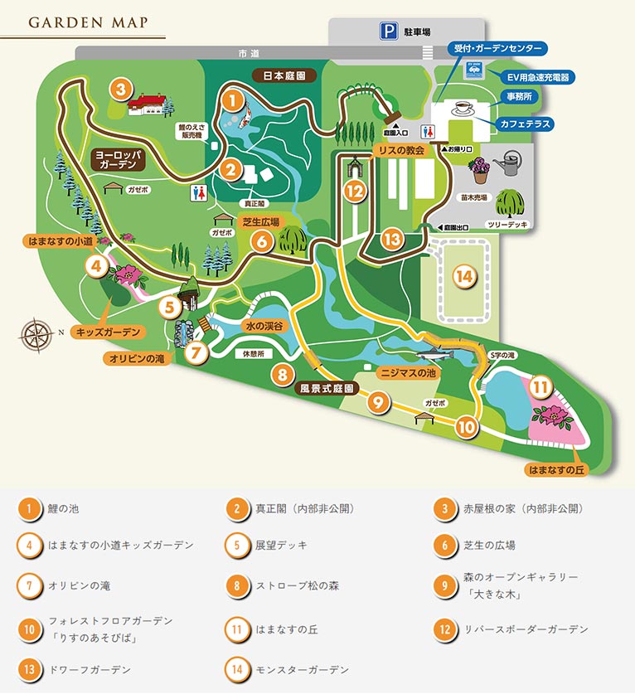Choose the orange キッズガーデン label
coord(109,332)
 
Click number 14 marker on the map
coord(465,275)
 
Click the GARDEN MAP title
coord(88,22)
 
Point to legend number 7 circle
coord(29,585)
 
